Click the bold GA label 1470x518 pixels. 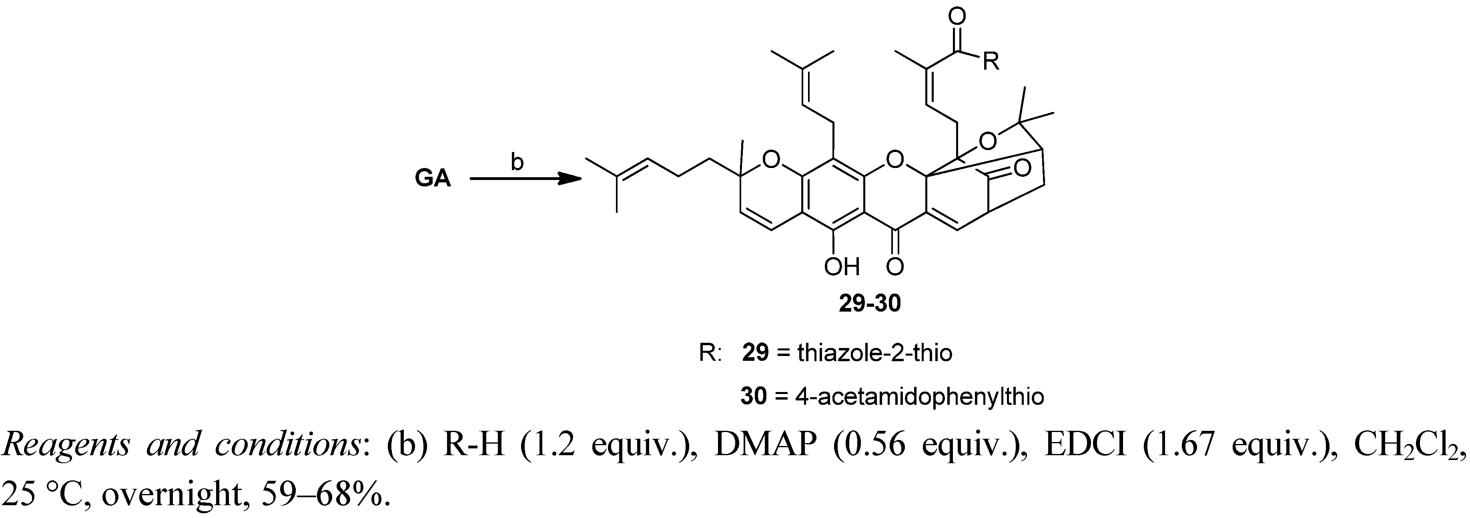433,180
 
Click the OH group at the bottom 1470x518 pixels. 841,266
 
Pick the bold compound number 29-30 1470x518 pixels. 870,304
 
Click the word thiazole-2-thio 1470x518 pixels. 875,354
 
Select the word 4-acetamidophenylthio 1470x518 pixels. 919,396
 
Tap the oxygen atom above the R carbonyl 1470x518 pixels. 957,17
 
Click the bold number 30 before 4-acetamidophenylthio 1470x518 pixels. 753,396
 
